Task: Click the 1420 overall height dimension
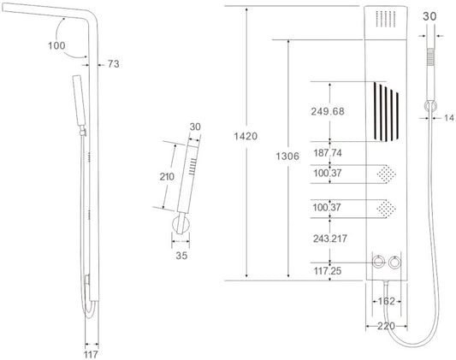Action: point(246,136)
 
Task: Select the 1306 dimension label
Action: point(287,156)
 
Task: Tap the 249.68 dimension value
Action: point(328,111)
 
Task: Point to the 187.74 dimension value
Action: point(328,153)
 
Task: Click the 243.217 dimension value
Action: point(330,239)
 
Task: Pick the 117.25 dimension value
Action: point(328,271)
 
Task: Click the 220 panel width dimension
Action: point(386,327)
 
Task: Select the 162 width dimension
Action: point(386,301)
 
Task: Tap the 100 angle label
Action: point(56,45)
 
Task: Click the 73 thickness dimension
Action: point(114,64)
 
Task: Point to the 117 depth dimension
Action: point(91,355)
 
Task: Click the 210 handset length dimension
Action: point(167,177)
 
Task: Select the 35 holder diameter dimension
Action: point(181,256)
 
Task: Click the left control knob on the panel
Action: point(378,262)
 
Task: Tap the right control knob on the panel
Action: point(394,263)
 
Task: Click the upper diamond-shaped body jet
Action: point(386,174)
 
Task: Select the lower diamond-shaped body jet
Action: point(386,209)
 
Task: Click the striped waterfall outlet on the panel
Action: point(386,112)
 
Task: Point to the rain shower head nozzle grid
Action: point(386,19)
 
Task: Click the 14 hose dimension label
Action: point(449,118)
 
